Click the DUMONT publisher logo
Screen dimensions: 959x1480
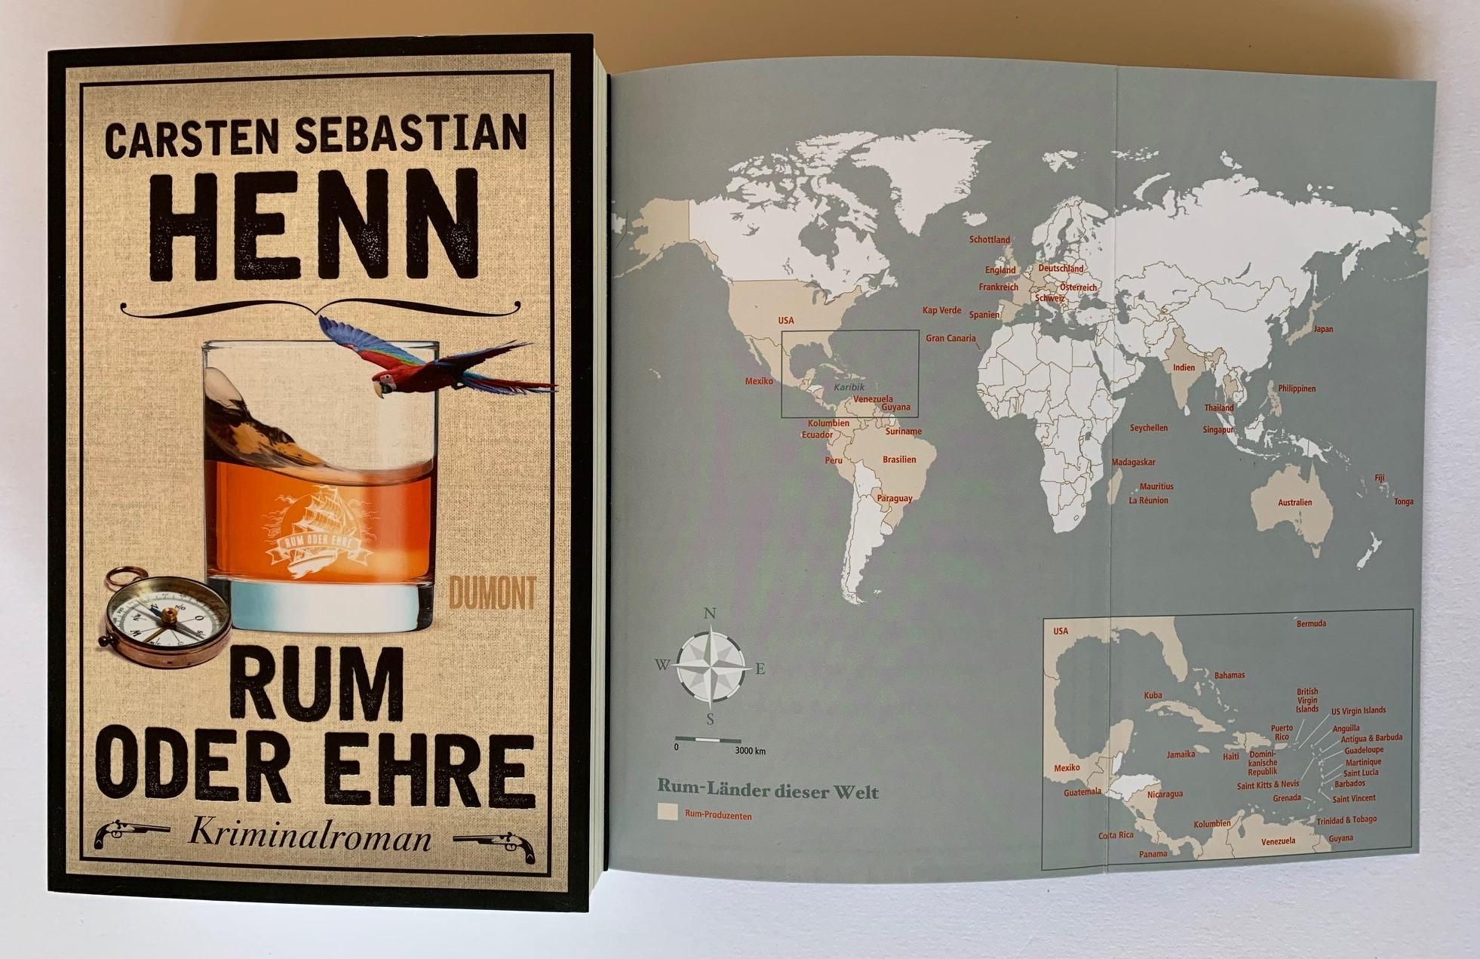pyautogui.click(x=492, y=592)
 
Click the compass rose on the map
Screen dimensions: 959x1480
pyautogui.click(x=710, y=666)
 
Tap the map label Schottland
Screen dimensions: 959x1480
pyautogui.click(x=989, y=240)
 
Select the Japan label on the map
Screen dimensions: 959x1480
pyautogui.click(x=1323, y=329)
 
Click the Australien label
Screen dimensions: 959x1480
pyautogui.click(x=1294, y=503)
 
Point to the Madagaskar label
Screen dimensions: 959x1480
pyautogui.click(x=1133, y=463)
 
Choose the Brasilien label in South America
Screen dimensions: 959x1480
pyautogui.click(x=899, y=460)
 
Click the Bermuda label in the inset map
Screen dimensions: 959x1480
pyautogui.click(x=1311, y=624)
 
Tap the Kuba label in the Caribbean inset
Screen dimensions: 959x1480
pyautogui.click(x=1153, y=696)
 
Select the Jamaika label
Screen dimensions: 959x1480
pyautogui.click(x=1181, y=755)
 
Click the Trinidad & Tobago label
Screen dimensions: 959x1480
pyautogui.click(x=1346, y=819)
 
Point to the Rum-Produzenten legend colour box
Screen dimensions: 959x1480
pyautogui.click(x=666, y=813)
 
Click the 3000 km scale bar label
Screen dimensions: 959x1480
pyautogui.click(x=750, y=751)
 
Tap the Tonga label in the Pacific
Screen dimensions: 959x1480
pyautogui.click(x=1404, y=502)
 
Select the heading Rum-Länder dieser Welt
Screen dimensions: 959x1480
pyautogui.click(x=767, y=791)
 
